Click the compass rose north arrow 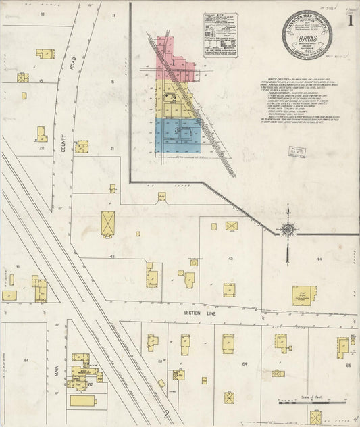[288, 232]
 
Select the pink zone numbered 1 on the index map [174, 61]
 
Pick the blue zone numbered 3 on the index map [177, 130]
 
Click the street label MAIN [57, 370]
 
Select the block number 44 [318, 259]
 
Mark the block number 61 [26, 360]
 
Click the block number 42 [113, 257]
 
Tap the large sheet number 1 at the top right [349, 20]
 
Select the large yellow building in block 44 [303, 296]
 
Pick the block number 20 [41, 147]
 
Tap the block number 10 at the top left [41, 14]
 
